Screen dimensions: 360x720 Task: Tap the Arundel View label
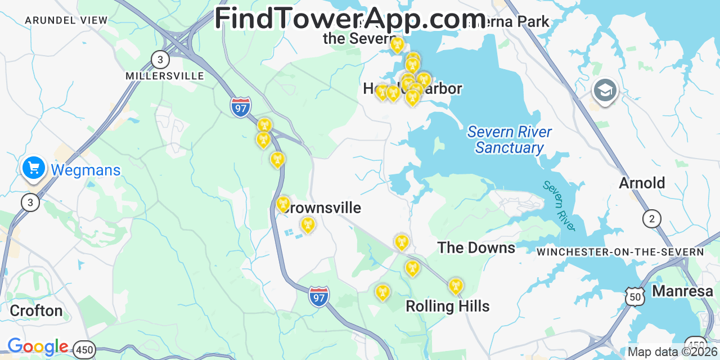[x=66, y=20]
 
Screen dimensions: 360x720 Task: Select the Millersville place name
[x=164, y=75]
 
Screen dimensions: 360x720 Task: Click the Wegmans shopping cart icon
[x=34, y=168]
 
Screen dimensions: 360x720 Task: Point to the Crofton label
[x=36, y=310]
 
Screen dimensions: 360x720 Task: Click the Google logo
[x=37, y=346]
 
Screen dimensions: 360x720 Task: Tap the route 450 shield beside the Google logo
[x=84, y=350]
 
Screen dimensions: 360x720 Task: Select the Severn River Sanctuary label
[x=509, y=140]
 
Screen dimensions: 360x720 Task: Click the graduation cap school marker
[x=605, y=91]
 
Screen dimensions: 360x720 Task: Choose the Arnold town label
[x=642, y=183]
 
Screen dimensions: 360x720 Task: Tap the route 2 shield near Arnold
[x=652, y=218]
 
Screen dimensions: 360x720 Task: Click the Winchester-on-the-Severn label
[x=620, y=252]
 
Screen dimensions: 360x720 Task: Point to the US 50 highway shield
[x=635, y=296]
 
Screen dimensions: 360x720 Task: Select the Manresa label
[x=682, y=291]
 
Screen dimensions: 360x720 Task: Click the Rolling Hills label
[x=447, y=306]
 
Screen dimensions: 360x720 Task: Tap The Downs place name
[x=476, y=247]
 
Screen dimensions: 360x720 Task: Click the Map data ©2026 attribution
[x=673, y=352]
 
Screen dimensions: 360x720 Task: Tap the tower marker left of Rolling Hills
[x=382, y=292]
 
